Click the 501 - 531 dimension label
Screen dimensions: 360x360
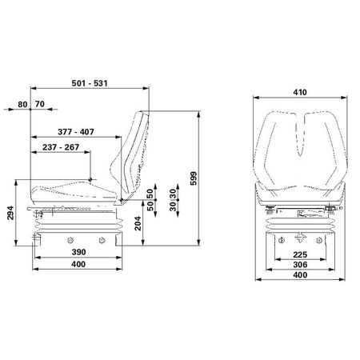pyautogui.click(x=90, y=83)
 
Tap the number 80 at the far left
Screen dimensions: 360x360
pyautogui.click(x=22, y=105)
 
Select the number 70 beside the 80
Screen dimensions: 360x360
pyautogui.click(x=40, y=104)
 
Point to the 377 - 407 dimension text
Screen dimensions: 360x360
pyautogui.click(x=76, y=132)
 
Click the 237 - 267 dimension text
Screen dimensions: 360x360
pyautogui.click(x=61, y=147)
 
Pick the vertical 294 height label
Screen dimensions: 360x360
pyautogui.click(x=10, y=213)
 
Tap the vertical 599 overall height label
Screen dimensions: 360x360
pyautogui.click(x=194, y=178)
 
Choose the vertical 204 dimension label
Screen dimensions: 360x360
pyautogui.click(x=138, y=223)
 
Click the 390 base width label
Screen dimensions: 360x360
pyautogui.click(x=78, y=252)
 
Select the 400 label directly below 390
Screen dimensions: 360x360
pyautogui.click(x=78, y=264)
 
